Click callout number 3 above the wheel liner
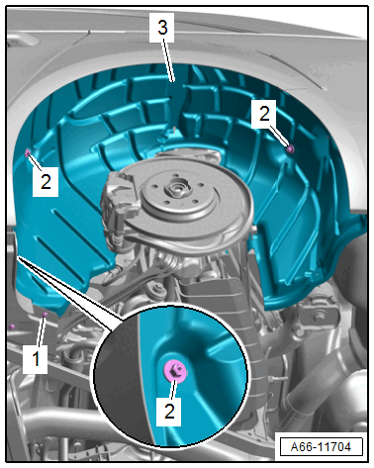pyautogui.click(x=162, y=28)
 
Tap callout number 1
pyautogui.click(x=36, y=358)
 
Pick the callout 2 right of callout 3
pyautogui.click(x=264, y=114)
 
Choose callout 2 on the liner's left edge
pyautogui.click(x=46, y=182)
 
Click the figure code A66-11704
pyautogui.click(x=321, y=447)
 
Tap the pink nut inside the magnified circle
pyautogui.click(x=175, y=371)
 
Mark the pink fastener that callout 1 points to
pyautogui.click(x=45, y=315)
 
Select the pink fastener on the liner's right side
pyautogui.click(x=290, y=149)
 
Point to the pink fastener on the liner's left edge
pyautogui.click(x=28, y=152)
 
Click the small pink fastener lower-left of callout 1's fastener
pyautogui.click(x=12, y=327)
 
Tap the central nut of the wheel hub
pyautogui.click(x=175, y=189)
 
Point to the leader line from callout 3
pyautogui.click(x=167, y=61)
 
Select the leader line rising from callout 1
pyautogui.click(x=41, y=331)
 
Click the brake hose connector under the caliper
pyautogui.click(x=117, y=237)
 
